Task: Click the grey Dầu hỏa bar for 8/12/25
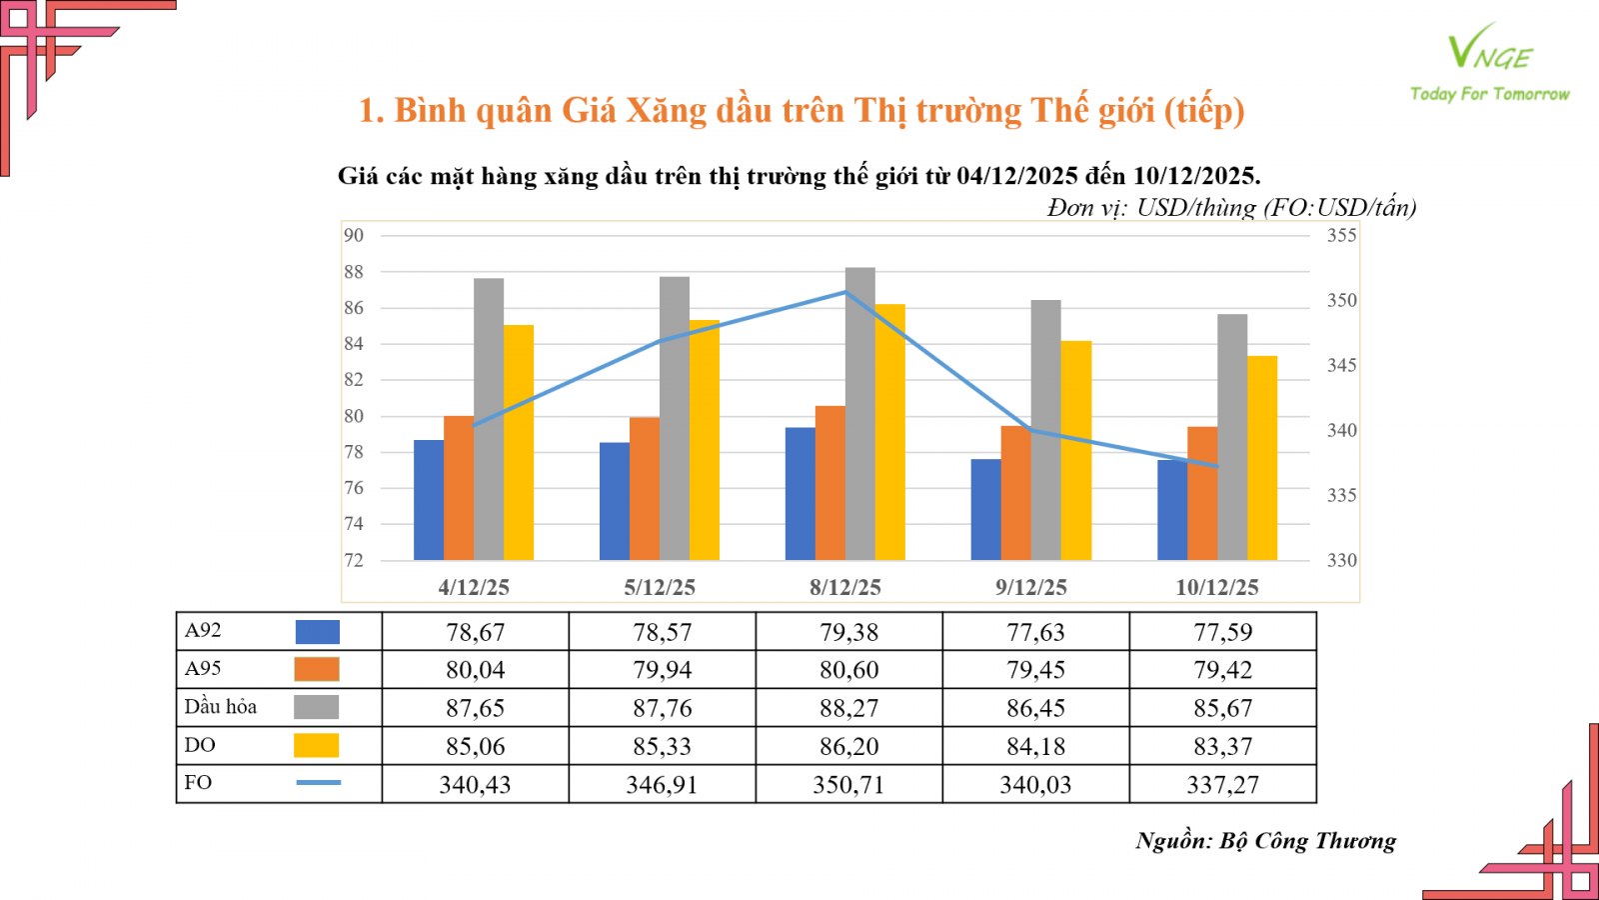click(860, 410)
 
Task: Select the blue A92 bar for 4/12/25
click(429, 500)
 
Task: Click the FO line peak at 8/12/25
click(845, 292)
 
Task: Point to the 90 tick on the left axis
click(354, 236)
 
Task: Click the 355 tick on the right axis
click(1341, 236)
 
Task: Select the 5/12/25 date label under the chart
click(660, 588)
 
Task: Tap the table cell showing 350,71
click(848, 785)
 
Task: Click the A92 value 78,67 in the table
click(475, 632)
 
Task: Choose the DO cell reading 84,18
click(1035, 747)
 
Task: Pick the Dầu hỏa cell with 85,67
click(1222, 709)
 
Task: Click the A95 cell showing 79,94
click(662, 670)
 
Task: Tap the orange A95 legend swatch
click(317, 669)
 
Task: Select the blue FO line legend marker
click(318, 782)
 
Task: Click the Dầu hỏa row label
click(221, 707)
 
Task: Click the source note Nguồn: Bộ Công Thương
click(1265, 841)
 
